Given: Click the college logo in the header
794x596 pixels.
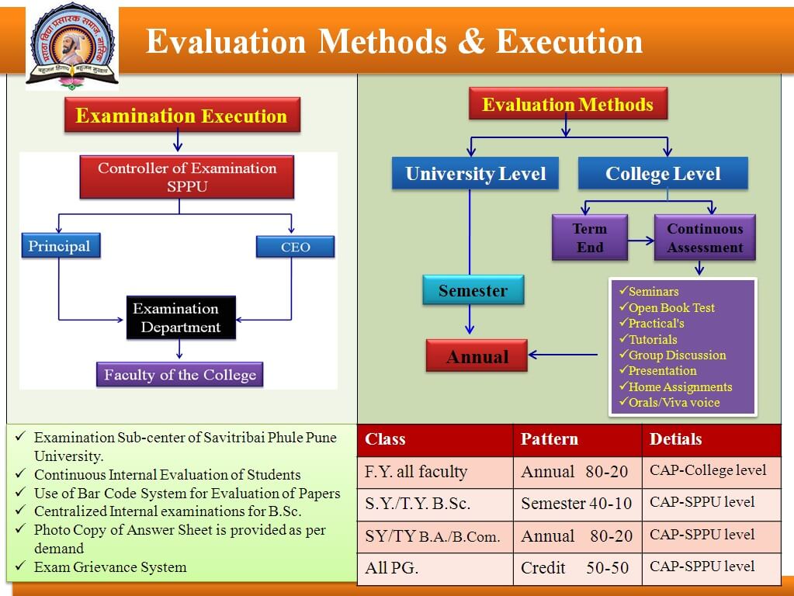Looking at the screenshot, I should (x=72, y=47).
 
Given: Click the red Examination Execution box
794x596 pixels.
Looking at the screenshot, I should (x=182, y=116).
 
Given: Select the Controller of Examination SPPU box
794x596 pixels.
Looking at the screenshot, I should (x=186, y=178).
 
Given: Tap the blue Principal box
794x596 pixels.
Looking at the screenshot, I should (x=60, y=246).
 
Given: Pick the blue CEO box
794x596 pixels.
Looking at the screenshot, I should (x=295, y=247).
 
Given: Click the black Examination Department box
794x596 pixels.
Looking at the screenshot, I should (x=181, y=317).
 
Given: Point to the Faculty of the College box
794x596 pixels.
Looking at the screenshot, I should (x=179, y=375).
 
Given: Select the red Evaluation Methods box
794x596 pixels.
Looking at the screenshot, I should (x=567, y=105).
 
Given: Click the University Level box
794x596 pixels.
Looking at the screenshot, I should (x=475, y=174).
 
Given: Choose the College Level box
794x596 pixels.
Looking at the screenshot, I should (x=663, y=174).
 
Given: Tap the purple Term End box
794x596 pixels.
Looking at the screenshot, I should (x=590, y=237).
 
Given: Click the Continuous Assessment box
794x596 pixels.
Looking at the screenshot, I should (x=705, y=237).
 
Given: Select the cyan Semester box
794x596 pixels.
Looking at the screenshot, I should (x=473, y=291).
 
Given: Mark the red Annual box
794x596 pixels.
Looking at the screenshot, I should (x=477, y=356).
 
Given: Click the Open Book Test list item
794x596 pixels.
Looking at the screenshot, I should (x=671, y=307).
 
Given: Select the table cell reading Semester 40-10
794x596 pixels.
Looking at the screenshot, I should (x=577, y=504).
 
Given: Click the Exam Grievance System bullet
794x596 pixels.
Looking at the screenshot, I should (x=110, y=567).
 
